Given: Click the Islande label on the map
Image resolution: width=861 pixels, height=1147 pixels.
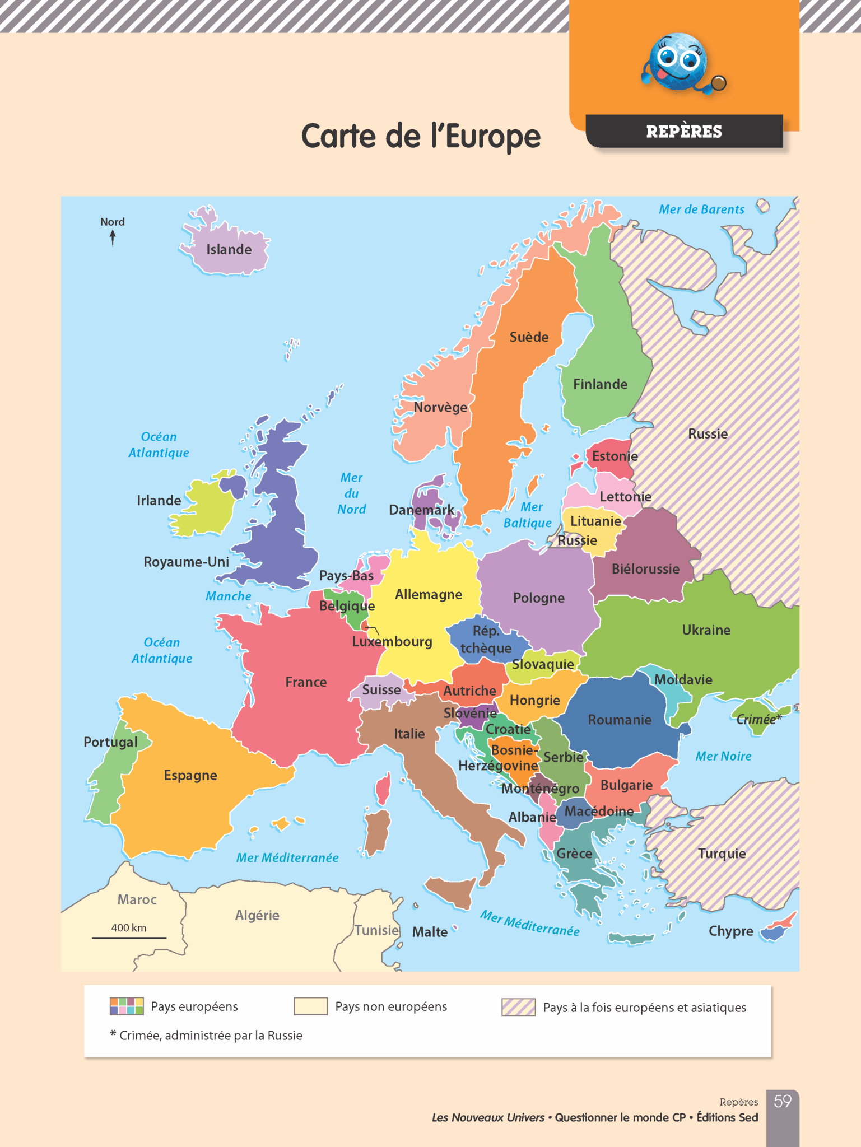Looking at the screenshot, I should (x=229, y=249).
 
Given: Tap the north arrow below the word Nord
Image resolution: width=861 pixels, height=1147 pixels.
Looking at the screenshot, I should (x=113, y=238).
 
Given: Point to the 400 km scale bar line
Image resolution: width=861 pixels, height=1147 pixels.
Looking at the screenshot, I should (x=129, y=937).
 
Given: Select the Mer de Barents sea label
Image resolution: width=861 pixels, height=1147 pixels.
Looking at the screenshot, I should (x=701, y=209).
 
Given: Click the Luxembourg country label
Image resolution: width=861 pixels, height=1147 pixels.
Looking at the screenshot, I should (x=392, y=641).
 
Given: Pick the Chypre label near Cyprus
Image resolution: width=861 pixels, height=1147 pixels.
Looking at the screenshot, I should (x=730, y=931).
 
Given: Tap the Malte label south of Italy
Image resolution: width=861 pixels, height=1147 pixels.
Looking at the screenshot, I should (x=430, y=932).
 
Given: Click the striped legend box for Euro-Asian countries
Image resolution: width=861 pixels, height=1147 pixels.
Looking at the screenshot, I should (x=518, y=1006).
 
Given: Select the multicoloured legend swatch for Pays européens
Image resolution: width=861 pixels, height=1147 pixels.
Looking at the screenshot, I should (x=127, y=1006).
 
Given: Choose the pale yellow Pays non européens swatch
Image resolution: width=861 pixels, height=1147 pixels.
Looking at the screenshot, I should (x=310, y=1006).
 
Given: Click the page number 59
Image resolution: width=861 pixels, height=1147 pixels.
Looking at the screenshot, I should (x=782, y=1101).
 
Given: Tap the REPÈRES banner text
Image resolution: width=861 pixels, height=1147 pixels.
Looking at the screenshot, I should (x=684, y=132).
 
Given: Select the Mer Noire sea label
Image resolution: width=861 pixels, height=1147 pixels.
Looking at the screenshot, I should (x=723, y=756).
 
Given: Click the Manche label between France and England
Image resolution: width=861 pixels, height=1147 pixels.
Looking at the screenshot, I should (x=228, y=596).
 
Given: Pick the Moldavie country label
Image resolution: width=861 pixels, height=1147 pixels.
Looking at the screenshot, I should (x=683, y=679).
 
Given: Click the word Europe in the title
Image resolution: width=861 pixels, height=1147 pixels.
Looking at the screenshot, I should (x=493, y=136).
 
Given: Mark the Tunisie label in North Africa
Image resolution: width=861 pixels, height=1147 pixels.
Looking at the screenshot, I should (x=376, y=930).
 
